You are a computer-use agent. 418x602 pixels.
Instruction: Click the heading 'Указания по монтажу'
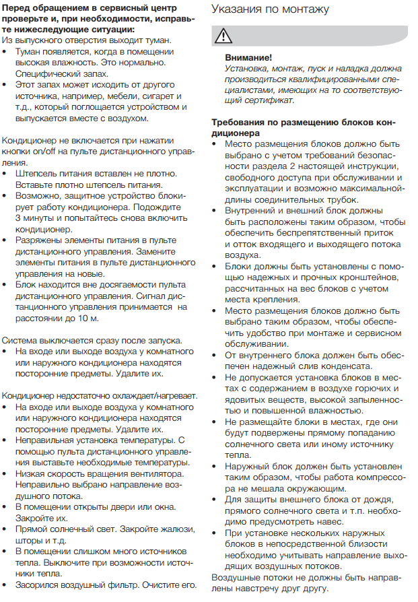pyautogui.click(x=270, y=9)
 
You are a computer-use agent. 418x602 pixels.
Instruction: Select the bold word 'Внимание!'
pyautogui.click(x=248, y=59)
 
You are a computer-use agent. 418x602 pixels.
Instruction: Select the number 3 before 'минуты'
pyautogui.click(x=18, y=218)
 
